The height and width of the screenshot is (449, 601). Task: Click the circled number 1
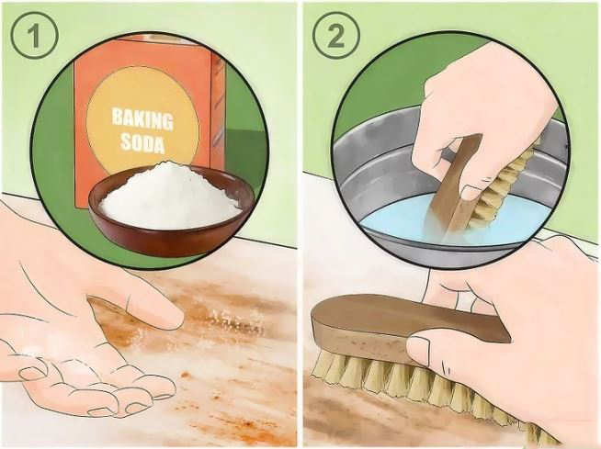[35, 35]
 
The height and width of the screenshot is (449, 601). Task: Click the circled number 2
[336, 35]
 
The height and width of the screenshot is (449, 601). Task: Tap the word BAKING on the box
[142, 119]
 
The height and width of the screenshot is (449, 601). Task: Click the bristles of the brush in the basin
[506, 180]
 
